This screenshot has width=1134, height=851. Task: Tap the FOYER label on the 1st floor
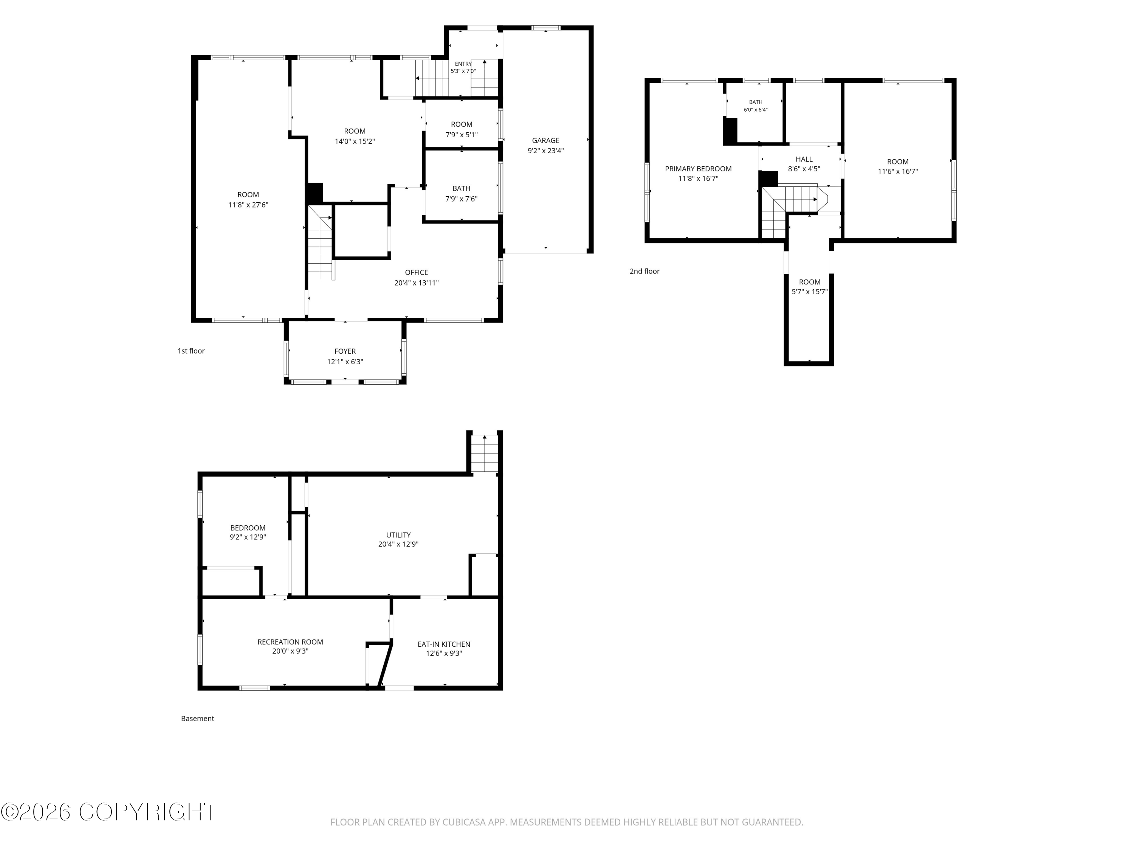click(345, 351)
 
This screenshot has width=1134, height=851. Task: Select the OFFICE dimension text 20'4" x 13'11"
click(416, 283)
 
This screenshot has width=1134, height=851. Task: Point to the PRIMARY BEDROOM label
click(698, 169)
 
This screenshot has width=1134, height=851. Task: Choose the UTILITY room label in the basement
click(398, 535)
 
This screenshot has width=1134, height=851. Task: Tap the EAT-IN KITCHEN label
click(444, 644)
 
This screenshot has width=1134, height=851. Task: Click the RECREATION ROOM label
click(290, 642)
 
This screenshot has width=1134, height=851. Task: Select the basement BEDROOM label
click(248, 528)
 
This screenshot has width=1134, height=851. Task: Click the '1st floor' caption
click(191, 351)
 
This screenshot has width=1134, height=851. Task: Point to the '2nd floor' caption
click(644, 271)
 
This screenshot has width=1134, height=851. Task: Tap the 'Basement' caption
click(197, 719)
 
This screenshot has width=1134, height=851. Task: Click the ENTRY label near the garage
click(463, 64)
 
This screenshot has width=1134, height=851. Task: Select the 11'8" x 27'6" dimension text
click(248, 205)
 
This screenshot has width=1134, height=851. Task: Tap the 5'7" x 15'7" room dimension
click(810, 292)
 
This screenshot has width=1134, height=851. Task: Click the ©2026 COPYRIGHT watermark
click(109, 812)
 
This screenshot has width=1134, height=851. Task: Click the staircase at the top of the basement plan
click(485, 453)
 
